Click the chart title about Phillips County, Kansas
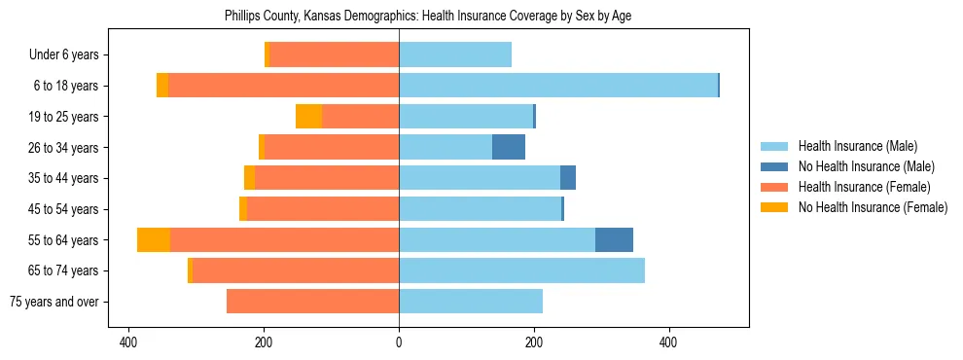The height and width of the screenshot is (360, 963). click(428, 17)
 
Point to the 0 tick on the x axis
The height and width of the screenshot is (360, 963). click(399, 343)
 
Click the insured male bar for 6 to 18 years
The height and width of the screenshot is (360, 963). click(557, 86)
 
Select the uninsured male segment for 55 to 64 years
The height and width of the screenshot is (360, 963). click(614, 239)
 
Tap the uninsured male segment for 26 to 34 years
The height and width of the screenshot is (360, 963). click(509, 147)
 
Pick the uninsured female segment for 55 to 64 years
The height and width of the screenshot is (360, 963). click(154, 239)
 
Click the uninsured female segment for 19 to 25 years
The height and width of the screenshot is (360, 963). click(309, 117)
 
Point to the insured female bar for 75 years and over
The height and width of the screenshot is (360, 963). click(312, 302)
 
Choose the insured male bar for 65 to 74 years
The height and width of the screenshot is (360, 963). click(521, 270)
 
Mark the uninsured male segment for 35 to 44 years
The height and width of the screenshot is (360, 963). click(568, 178)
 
